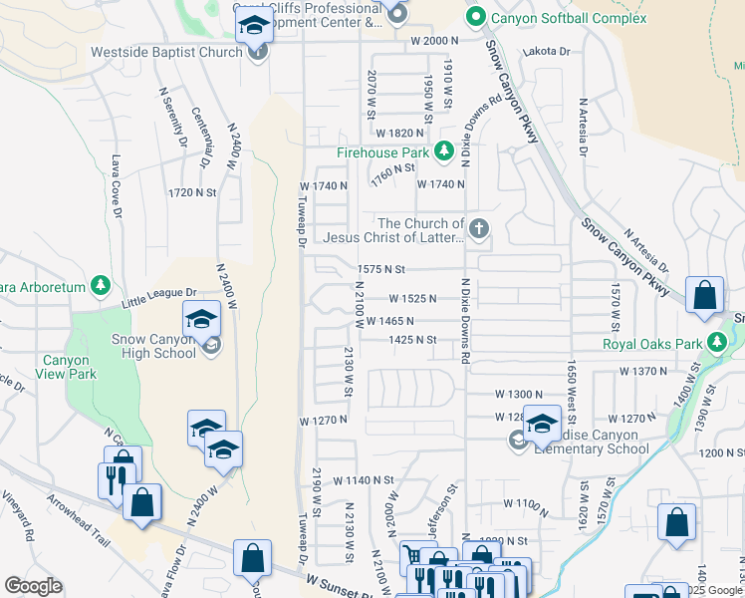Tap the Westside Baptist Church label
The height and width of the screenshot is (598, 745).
coord(166,52)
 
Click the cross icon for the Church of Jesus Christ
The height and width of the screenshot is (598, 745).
coord(479,230)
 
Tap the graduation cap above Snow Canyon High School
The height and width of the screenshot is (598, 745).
coord(201,320)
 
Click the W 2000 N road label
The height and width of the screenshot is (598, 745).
coord(434,41)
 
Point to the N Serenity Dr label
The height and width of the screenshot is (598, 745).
coord(173,115)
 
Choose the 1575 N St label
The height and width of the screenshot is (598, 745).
coord(381,269)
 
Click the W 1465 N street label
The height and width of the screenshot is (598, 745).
coord(389,321)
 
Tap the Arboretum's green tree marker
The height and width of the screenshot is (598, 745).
coord(100,286)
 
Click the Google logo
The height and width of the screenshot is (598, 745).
coord(33,586)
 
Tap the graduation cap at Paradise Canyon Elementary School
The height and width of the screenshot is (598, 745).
coord(543,424)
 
